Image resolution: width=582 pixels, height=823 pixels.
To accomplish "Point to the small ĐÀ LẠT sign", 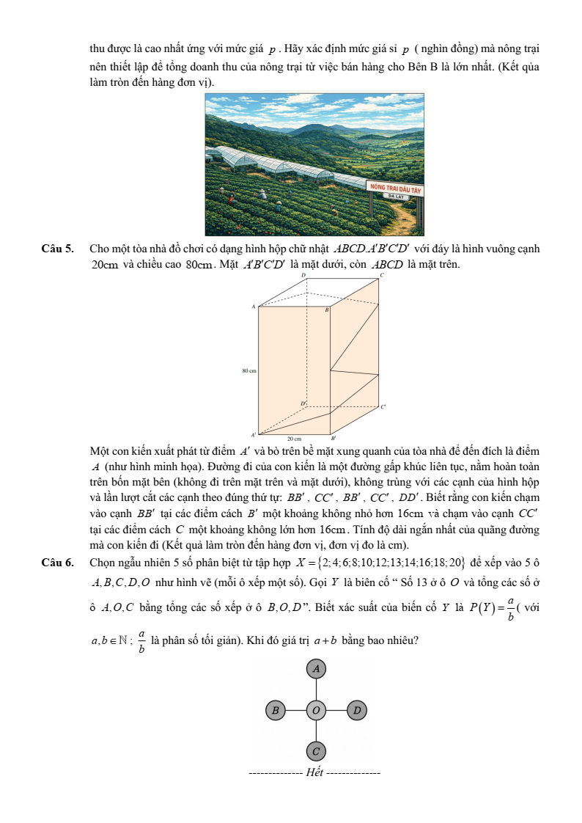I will point(397,197).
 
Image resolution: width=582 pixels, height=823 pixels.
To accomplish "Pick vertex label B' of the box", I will point(333,438).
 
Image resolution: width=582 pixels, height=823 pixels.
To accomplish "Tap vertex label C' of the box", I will point(383,407).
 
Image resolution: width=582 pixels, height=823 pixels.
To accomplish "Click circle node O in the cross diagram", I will point(316,710).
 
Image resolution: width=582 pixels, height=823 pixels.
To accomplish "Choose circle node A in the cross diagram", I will point(316,669).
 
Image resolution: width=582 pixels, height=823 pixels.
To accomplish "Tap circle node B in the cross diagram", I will point(275,710).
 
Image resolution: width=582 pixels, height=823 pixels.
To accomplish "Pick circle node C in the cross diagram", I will point(316,751).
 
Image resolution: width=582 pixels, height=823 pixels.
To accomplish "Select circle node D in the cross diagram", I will point(357,710).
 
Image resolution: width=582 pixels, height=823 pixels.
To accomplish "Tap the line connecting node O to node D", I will point(336,710).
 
